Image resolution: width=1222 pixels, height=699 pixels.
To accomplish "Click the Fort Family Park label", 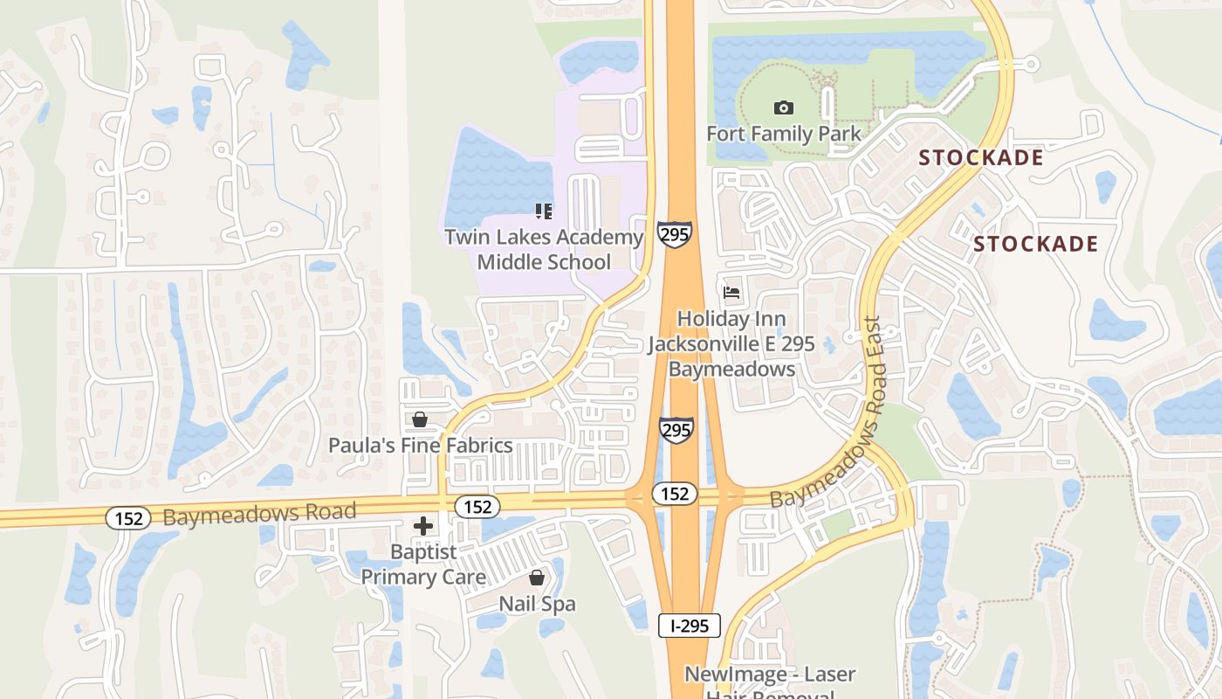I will pos(783,134).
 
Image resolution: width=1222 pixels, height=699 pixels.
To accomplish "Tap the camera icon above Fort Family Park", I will pos(784,108).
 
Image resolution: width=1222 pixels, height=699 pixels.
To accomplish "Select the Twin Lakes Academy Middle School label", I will pos(544,249).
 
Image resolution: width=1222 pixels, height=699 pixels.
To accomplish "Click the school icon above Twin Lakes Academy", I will pos(544,211).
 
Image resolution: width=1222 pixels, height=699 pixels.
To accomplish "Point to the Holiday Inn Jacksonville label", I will pos(731,344).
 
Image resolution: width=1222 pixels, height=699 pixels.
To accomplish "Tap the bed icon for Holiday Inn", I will pos(731,292).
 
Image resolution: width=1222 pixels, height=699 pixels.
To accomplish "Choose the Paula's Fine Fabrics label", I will pos(420,446).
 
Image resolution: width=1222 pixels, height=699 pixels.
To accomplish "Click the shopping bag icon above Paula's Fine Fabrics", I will pos(420,420).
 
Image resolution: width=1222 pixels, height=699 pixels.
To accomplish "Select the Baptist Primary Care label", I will pos(423,564).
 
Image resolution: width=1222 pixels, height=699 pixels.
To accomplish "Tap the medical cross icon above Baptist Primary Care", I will pos(423,526).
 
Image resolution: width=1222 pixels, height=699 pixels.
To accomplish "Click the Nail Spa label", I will pos(537,604).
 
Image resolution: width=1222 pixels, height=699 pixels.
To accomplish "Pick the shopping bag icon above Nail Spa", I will pos(537,578).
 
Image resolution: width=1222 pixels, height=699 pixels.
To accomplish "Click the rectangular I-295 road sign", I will pos(689,626).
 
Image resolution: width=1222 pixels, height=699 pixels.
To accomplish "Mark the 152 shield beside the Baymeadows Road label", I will pos(128,518).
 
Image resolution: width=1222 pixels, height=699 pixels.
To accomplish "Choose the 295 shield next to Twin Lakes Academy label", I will pos(675,234).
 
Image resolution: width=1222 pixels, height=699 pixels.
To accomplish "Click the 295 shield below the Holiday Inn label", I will pos(676,430).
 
